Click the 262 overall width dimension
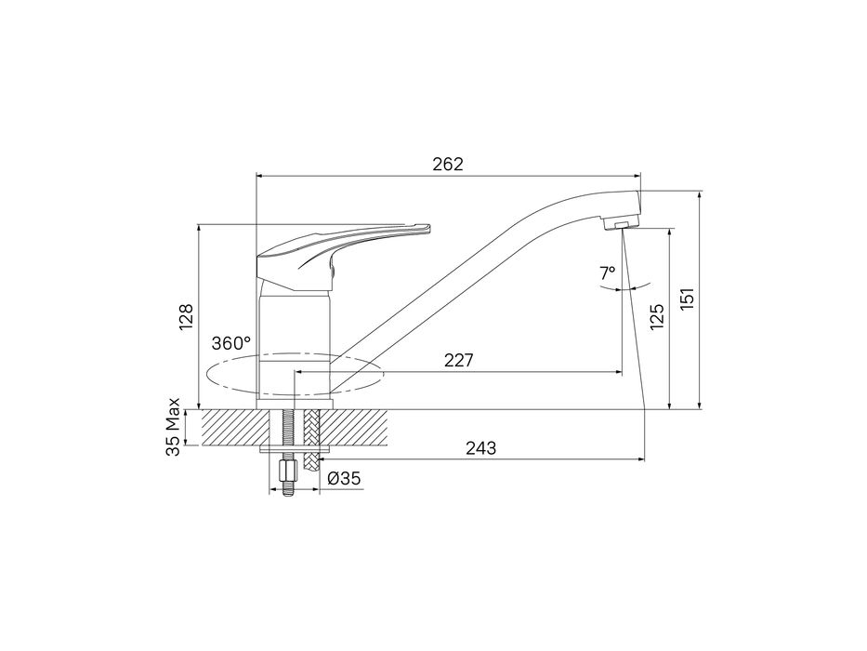pos(448,165)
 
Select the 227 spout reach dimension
pos(458,361)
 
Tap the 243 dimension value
pos(480,448)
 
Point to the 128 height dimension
pos(187,317)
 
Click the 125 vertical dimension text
pos(656,317)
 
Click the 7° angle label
pos(607,272)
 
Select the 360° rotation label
pos(231,343)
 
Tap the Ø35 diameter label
pos(344,478)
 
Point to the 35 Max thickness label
pos(174,427)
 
